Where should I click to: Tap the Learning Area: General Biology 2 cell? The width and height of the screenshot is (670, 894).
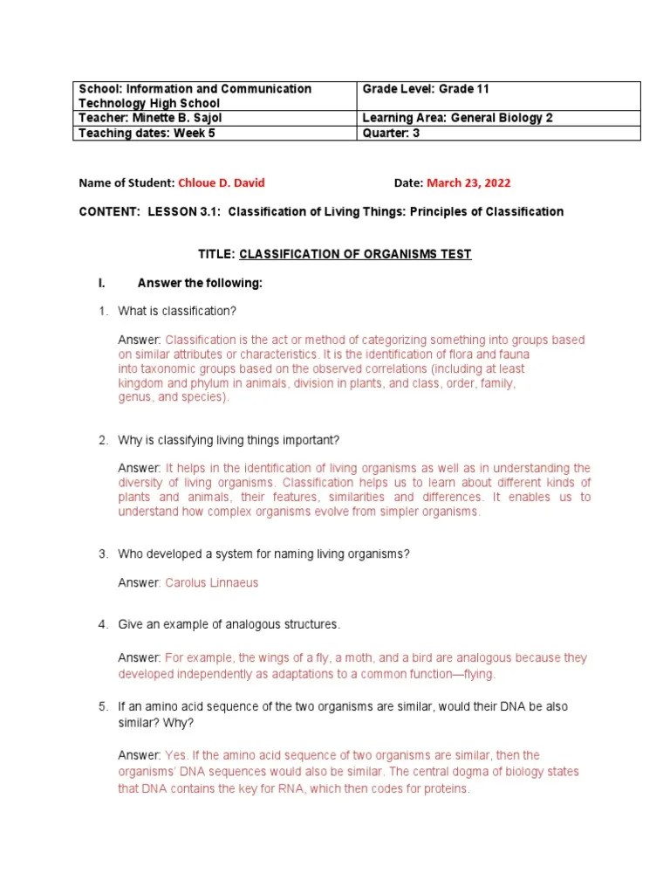click(x=499, y=118)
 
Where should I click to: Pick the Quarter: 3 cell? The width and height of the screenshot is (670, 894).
click(x=499, y=134)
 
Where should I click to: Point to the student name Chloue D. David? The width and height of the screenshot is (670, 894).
click(x=221, y=183)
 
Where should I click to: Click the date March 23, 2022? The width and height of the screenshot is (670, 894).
click(x=468, y=183)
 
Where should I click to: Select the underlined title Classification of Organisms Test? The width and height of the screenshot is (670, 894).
click(x=355, y=254)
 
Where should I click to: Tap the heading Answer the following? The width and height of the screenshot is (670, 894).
click(x=200, y=284)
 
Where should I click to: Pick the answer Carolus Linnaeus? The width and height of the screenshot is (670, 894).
click(x=212, y=582)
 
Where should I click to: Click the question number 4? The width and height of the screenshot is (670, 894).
click(x=102, y=624)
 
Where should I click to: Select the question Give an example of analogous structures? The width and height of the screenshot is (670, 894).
click(x=229, y=624)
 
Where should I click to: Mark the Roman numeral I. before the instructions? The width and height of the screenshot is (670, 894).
click(x=102, y=284)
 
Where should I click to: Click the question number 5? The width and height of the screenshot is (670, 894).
click(x=102, y=706)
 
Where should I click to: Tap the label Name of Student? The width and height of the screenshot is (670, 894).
click(x=126, y=183)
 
